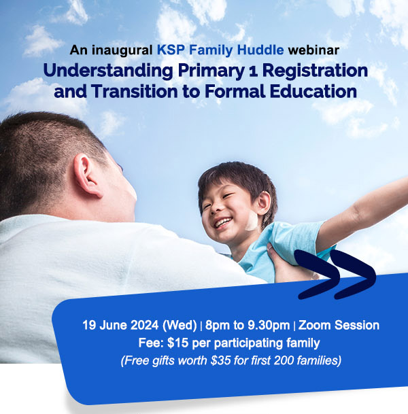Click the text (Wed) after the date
coord(169,325)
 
